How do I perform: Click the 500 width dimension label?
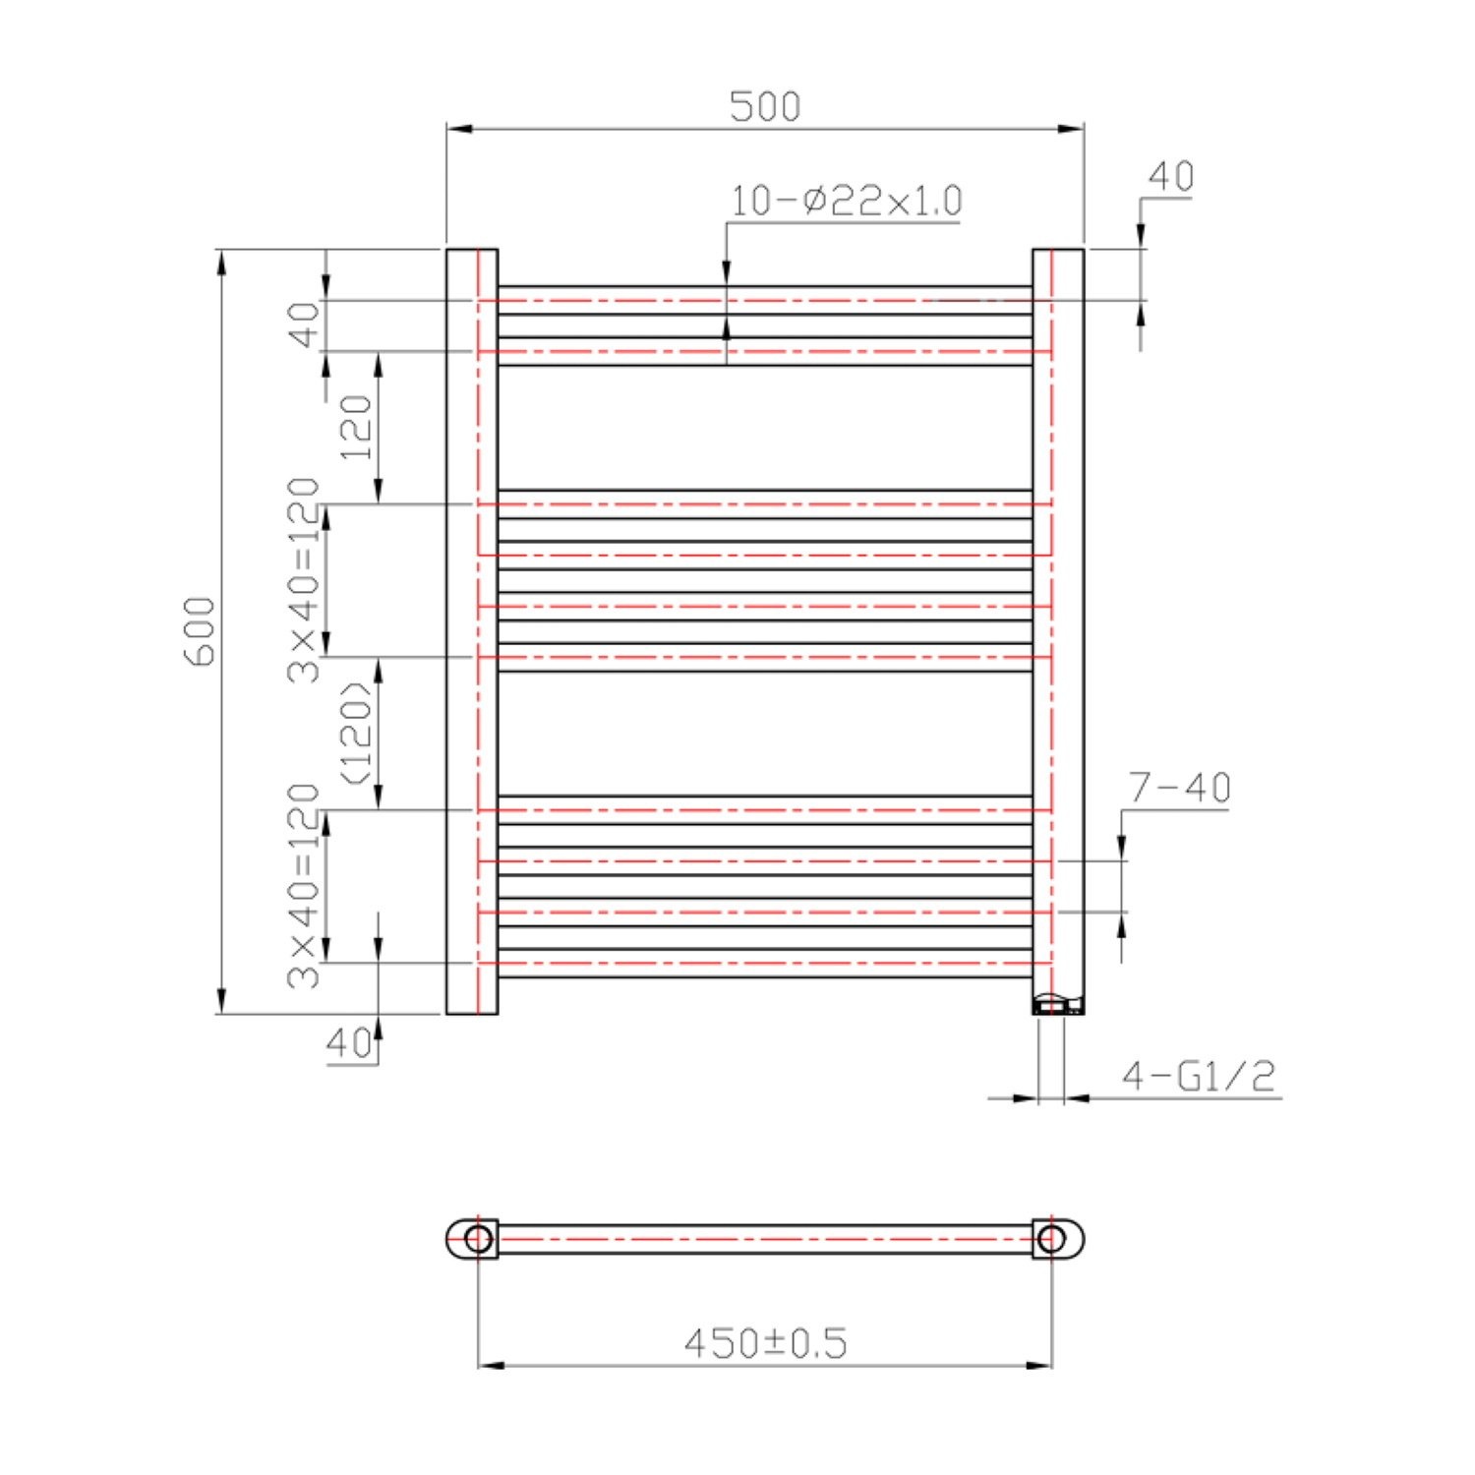pyautogui.click(x=765, y=106)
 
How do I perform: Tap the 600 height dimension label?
pyautogui.click(x=200, y=631)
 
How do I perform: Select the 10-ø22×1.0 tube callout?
pyautogui.click(x=846, y=201)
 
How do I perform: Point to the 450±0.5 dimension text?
pyautogui.click(x=765, y=1343)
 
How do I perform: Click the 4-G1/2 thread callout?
pyautogui.click(x=1199, y=1076)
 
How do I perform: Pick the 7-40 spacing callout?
pyautogui.click(x=1179, y=788)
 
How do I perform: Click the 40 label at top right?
pyautogui.click(x=1170, y=177)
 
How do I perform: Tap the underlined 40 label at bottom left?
pyautogui.click(x=349, y=1043)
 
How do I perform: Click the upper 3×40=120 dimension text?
pyautogui.click(x=304, y=580)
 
